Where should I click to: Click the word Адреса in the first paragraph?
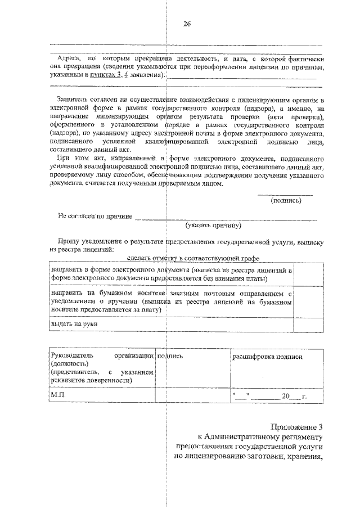coord(69,58)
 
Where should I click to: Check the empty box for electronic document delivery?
coord(309,274)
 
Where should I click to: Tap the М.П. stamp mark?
coord(58,395)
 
